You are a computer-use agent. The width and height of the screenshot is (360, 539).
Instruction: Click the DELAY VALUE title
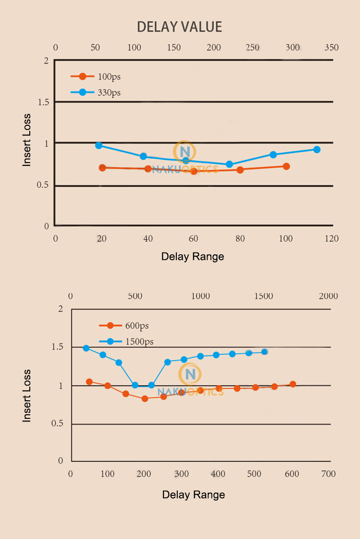[180, 27]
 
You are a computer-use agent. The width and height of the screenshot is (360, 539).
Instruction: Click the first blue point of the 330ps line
[99, 145]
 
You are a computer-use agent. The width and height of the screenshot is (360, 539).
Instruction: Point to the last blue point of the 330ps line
[317, 149]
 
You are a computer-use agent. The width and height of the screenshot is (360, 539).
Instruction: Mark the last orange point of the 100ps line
[286, 166]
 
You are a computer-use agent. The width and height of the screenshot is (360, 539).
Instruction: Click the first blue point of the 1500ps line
[86, 348]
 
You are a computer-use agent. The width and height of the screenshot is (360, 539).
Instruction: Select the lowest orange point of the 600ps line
[145, 399]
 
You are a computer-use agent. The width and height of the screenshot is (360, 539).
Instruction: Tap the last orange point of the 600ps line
[293, 384]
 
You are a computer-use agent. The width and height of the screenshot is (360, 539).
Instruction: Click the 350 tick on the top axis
[332, 48]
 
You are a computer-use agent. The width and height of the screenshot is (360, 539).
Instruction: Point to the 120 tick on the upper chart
[332, 239]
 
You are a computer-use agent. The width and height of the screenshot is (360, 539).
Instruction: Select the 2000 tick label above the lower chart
[328, 296]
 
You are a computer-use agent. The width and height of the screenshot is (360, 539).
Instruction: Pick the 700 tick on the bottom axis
[328, 474]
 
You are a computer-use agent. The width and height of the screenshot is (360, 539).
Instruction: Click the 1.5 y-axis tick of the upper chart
[43, 103]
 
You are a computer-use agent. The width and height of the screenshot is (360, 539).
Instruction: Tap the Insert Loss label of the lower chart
[27, 395]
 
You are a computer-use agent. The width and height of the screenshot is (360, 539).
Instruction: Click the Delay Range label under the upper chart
[193, 257]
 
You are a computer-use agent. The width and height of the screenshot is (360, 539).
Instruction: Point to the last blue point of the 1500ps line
[265, 352]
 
